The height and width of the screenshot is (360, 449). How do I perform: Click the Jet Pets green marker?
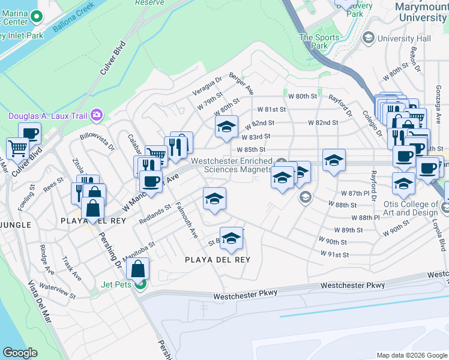(x=140, y=284)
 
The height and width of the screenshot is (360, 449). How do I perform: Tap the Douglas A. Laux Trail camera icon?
(x=97, y=115)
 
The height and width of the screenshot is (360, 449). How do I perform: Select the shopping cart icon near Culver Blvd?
(x=17, y=147)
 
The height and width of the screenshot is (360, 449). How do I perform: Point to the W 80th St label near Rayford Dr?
(x=302, y=96)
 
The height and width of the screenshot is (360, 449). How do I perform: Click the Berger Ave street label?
(x=242, y=88)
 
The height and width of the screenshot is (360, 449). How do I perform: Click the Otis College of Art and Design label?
(x=409, y=209)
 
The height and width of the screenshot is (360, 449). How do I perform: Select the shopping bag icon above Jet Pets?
(x=138, y=268)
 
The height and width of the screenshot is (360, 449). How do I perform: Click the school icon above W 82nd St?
(x=226, y=127)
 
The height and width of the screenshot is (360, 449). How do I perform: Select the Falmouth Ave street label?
(x=185, y=219)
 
